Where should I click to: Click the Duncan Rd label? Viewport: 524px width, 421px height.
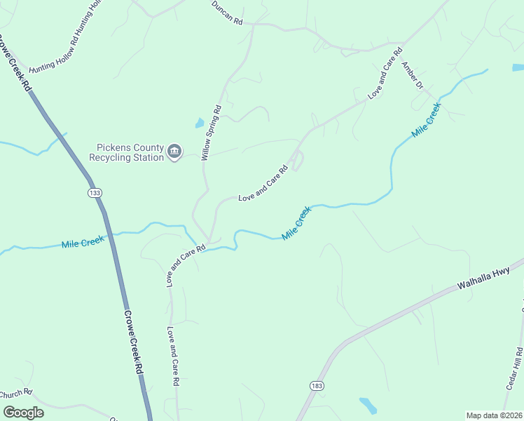click(x=228, y=13)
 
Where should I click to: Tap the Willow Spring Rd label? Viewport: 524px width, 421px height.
click(x=211, y=133)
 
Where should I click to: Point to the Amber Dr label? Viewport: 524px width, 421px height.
click(x=412, y=76)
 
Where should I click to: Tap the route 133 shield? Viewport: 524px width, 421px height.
click(x=94, y=192)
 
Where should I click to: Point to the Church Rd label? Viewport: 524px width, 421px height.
click(x=15, y=393)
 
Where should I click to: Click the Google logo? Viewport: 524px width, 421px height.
click(x=22, y=412)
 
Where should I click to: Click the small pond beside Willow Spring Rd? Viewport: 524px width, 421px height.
click(x=200, y=123)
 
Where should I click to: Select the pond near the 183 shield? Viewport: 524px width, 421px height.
click(x=367, y=405)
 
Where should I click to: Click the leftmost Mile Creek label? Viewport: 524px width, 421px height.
click(x=83, y=243)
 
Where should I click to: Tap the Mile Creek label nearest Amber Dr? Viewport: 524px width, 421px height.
click(x=427, y=120)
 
